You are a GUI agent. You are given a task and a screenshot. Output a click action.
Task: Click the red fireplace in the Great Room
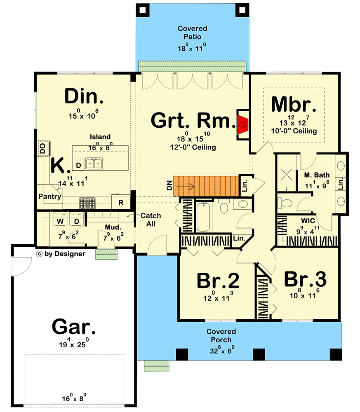(242, 123)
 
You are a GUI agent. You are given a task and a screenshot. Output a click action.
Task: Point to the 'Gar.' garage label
(74, 328)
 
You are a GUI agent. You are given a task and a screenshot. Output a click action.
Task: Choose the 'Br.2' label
(218, 281)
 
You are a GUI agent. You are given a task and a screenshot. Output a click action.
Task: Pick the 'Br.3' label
(305, 280)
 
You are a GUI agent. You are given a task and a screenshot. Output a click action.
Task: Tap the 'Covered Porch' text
(221, 336)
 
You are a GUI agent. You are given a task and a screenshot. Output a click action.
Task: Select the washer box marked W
(60, 221)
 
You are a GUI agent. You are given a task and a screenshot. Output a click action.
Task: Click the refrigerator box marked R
(121, 202)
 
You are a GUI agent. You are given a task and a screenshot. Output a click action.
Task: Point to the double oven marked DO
(42, 148)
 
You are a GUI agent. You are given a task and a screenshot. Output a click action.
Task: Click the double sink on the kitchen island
(94, 164)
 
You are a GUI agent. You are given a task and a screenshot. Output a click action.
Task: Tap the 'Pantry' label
(49, 197)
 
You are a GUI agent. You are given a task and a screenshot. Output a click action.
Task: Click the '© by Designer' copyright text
(61, 254)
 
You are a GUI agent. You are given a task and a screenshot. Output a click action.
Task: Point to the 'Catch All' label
(151, 220)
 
